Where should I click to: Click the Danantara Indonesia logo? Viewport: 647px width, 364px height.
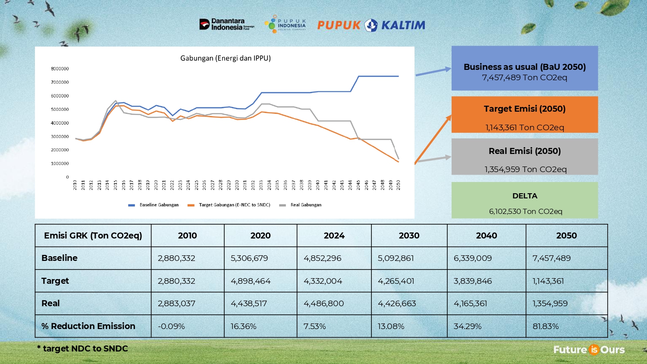226,24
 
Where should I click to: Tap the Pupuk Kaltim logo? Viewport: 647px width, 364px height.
371,25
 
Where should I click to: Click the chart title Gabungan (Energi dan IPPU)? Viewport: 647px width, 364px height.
225,58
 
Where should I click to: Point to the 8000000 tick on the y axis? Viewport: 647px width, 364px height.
60,69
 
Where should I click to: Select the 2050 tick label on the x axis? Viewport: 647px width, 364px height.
399,185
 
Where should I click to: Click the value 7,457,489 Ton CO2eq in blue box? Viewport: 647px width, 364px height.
525,78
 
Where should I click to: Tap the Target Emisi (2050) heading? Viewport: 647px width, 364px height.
525,109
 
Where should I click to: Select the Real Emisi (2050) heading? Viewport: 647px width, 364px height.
525,151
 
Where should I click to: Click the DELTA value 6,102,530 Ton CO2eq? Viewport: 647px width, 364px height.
525,211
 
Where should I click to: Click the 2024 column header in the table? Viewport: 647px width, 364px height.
334,235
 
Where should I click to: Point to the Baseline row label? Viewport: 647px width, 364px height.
60,258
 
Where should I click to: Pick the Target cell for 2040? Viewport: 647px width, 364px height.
473,281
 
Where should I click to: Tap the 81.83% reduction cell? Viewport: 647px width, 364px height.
546,326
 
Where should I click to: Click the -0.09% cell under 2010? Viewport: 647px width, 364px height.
171,326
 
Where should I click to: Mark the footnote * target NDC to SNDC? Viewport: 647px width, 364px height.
82,348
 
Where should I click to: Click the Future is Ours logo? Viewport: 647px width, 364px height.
589,349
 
